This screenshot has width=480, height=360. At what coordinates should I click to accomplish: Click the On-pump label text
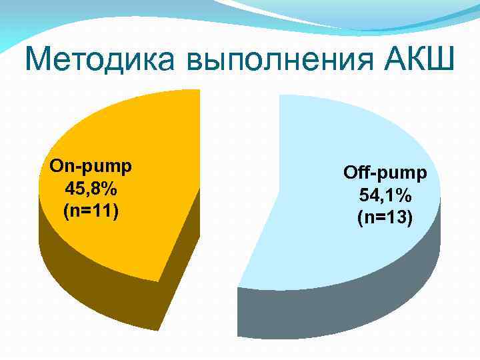(91, 165)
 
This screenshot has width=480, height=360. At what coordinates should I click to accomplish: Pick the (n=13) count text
(385, 217)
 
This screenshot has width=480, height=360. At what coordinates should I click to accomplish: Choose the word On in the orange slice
(62, 165)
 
